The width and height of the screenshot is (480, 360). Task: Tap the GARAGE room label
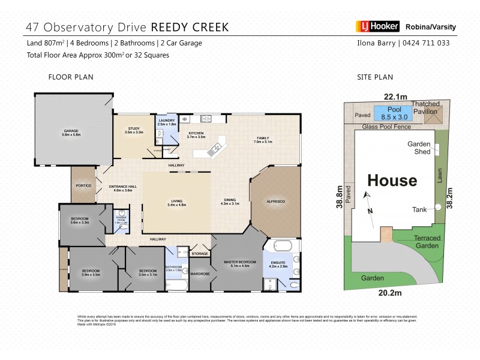point(72,132)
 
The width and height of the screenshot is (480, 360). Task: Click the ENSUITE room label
point(278,262)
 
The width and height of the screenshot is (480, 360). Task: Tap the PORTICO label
point(83,186)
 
